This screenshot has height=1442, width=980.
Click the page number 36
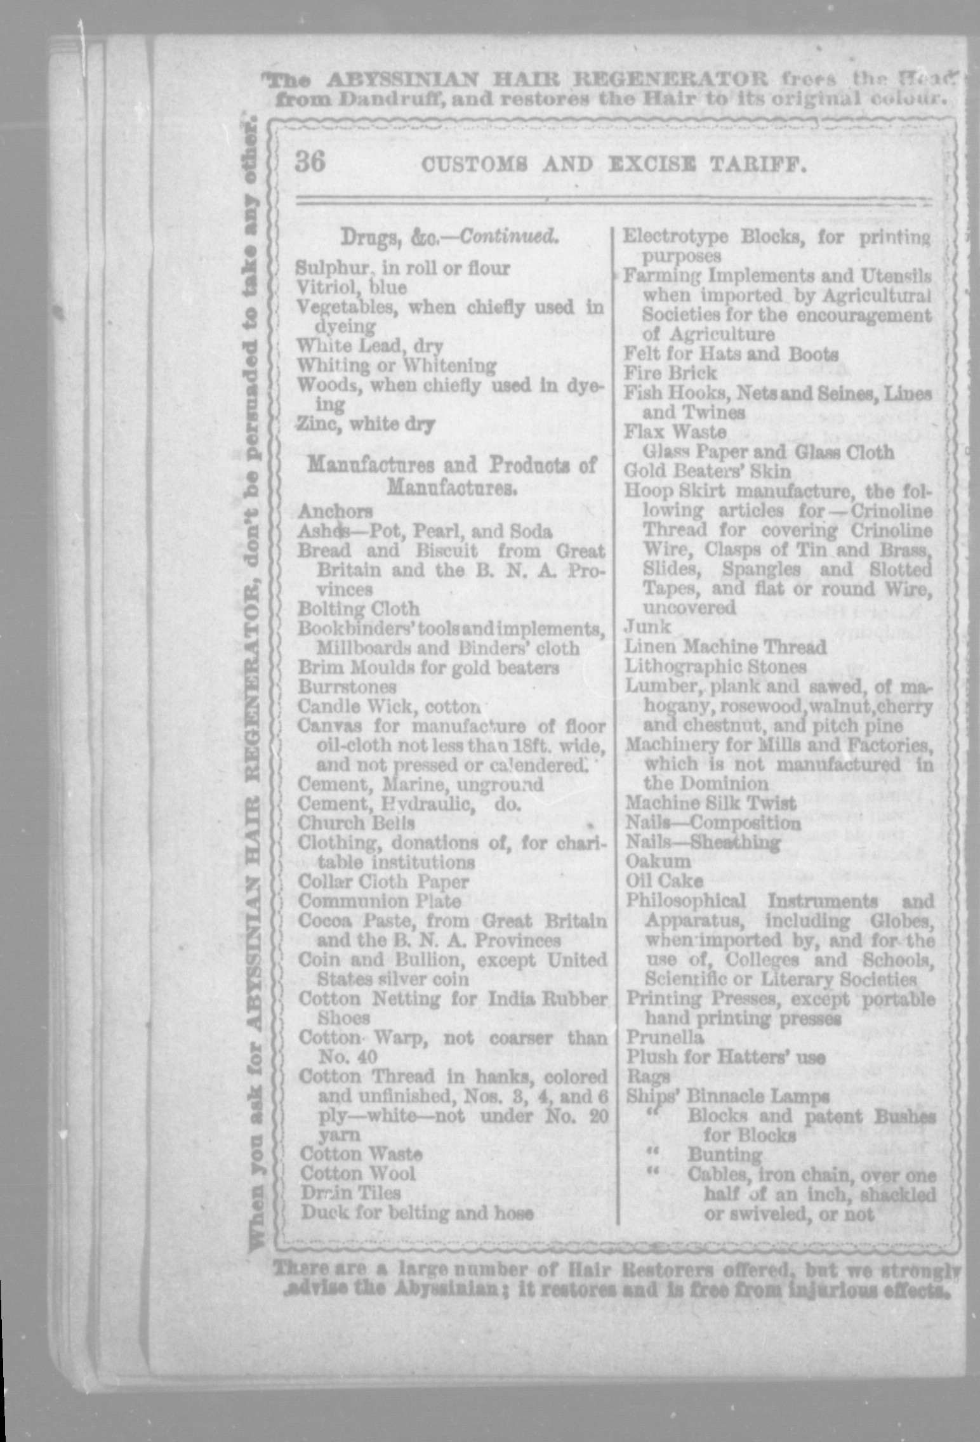tap(310, 162)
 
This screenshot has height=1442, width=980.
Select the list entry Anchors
tap(335, 511)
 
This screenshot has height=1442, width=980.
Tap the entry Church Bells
tap(357, 823)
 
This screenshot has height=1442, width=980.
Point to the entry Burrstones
tap(347, 687)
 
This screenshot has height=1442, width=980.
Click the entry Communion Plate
tap(380, 901)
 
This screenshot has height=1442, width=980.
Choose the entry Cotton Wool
tap(358, 1173)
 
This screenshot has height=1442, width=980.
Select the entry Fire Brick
tap(670, 373)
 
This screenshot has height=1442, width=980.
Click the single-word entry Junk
tap(647, 627)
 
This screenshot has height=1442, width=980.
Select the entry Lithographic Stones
tap(715, 666)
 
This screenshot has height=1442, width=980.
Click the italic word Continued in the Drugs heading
tap(509, 237)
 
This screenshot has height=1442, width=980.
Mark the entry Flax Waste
tap(675, 432)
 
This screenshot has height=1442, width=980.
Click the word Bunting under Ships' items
tap(724, 1154)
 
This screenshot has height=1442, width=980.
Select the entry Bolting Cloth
tap(359, 609)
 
